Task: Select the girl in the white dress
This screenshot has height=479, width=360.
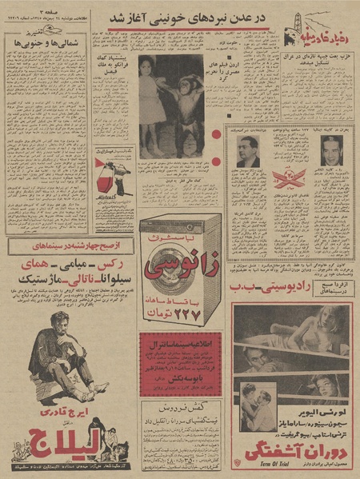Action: [153, 96]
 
